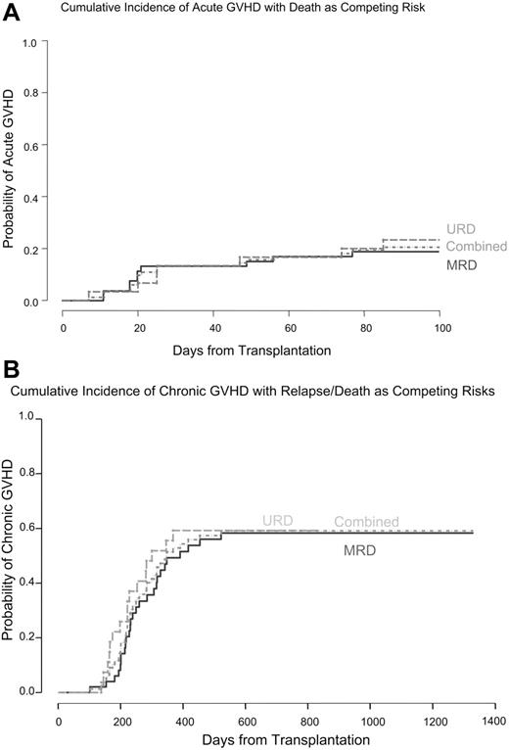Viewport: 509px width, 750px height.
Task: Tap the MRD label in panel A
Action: coord(461,265)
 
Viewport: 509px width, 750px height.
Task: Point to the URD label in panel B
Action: coord(277,520)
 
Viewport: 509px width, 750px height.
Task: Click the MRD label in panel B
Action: coord(360,551)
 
